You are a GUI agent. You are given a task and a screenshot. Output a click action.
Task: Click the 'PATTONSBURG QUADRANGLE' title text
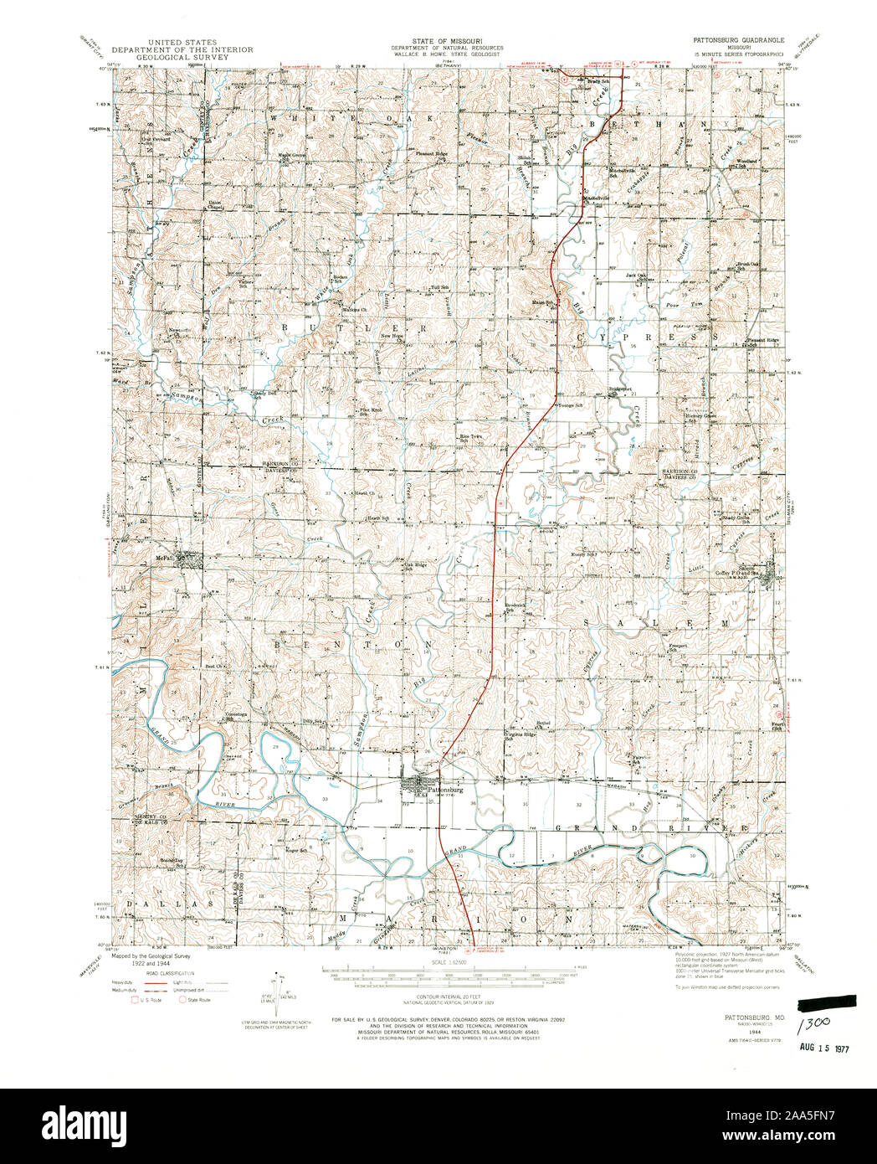click(736, 39)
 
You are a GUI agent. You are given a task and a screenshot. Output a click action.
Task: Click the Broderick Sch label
click(514, 606)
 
